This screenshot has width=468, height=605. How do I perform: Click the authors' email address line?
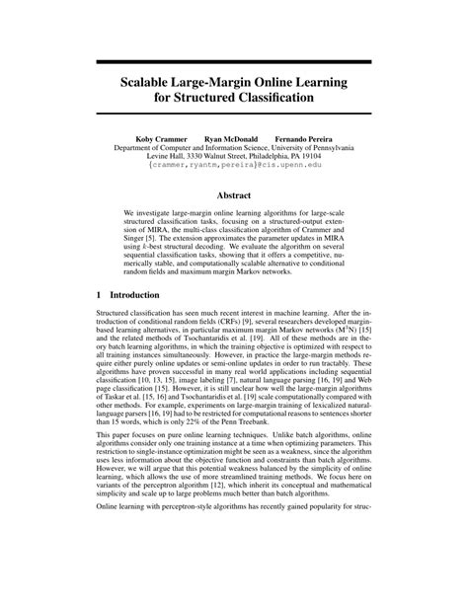point(234,165)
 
